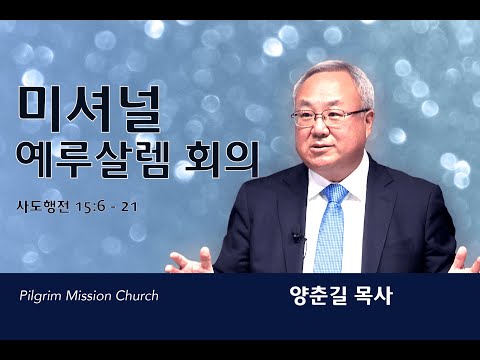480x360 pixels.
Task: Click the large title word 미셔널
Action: (x=90, y=108)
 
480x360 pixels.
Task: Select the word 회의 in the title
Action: (x=223, y=160)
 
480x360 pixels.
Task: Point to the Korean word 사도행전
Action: (x=43, y=207)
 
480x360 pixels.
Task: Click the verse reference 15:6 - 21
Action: (x=107, y=207)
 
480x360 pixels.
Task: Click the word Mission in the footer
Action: (x=89, y=295)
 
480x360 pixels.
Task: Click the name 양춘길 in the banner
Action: (x=314, y=295)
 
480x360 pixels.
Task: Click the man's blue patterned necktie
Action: (x=331, y=228)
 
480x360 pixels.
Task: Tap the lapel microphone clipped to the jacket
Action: (x=298, y=237)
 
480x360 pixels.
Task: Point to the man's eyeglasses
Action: (x=330, y=118)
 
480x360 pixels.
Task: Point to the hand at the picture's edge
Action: (x=468, y=260)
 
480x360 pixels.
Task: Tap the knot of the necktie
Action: (x=334, y=193)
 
